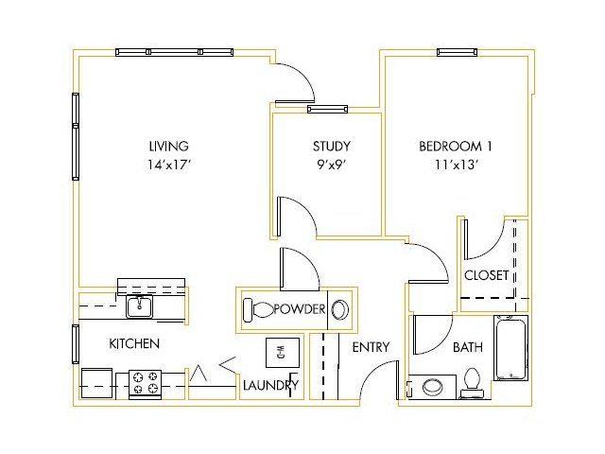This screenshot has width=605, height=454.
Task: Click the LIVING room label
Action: pyautogui.click(x=168, y=146)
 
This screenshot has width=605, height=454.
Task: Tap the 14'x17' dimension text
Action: pyautogui.click(x=169, y=165)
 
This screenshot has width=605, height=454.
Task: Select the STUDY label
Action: pyautogui.click(x=332, y=146)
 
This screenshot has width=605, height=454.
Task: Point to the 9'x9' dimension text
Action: pyautogui.click(x=332, y=165)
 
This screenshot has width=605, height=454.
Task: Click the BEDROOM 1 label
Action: pyautogui.click(x=456, y=146)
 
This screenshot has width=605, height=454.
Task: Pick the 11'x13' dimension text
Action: pyautogui.click(x=457, y=165)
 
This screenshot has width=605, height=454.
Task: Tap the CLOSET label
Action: pyautogui.click(x=486, y=275)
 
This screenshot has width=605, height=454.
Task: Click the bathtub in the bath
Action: pyautogui.click(x=510, y=348)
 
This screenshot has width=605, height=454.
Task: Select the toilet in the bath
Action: pyautogui.click(x=472, y=383)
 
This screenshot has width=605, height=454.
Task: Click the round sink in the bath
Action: pyautogui.click(x=433, y=387)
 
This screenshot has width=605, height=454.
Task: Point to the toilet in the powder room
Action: pyautogui.click(x=258, y=309)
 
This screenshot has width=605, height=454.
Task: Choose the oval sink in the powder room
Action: pyautogui.click(x=340, y=309)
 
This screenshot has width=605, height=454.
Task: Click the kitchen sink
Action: pyautogui.click(x=139, y=306)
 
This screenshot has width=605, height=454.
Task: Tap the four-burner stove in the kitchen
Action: pyautogui.click(x=145, y=383)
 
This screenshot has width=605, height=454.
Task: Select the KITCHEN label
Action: pyautogui.click(x=134, y=343)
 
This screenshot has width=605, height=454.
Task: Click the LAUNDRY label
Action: pyautogui.click(x=271, y=385)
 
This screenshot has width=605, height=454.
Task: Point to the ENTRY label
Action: pyautogui.click(x=371, y=347)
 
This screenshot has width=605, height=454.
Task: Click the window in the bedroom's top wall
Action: pyautogui.click(x=457, y=53)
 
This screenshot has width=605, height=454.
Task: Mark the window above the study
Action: pyautogui.click(x=327, y=110)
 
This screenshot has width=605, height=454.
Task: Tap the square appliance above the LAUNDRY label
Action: pyautogui.click(x=283, y=353)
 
